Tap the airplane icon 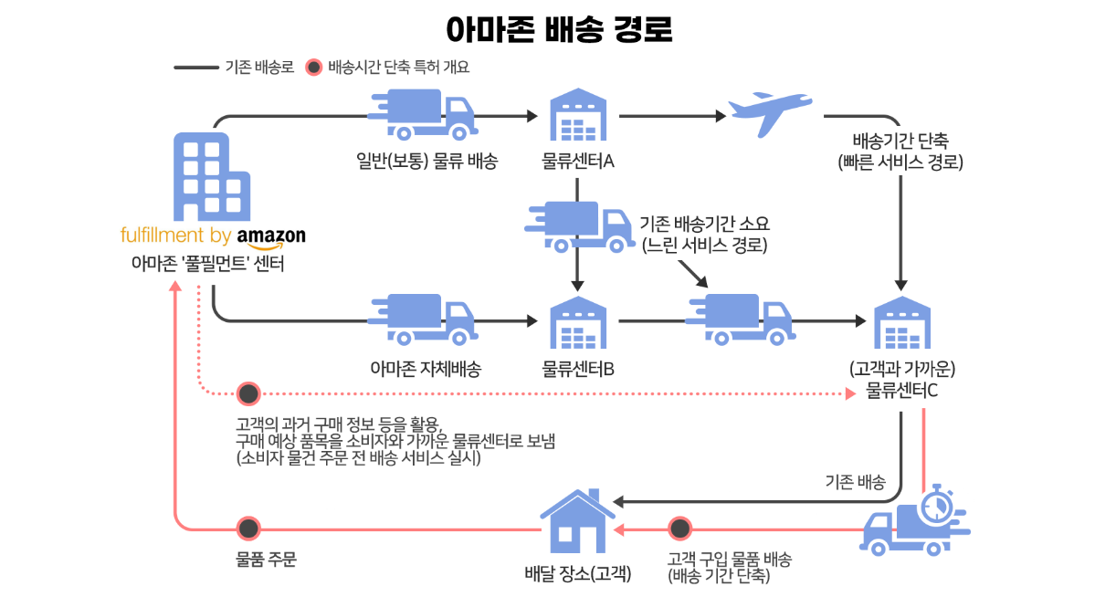pyautogui.click(x=768, y=114)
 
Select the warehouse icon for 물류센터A pyautogui.click(x=578, y=118)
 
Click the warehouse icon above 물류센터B pyautogui.click(x=578, y=324)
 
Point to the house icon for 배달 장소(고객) pyautogui.click(x=577, y=525)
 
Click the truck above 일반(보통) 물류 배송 pyautogui.click(x=423, y=114)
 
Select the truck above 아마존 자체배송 pyautogui.click(x=423, y=320)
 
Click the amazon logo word pyautogui.click(x=271, y=236)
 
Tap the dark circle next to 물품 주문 pyautogui.click(x=247, y=529)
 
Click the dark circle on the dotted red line pyautogui.click(x=247, y=393)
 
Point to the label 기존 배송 pyautogui.click(x=855, y=482)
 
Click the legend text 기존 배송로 pyautogui.click(x=259, y=67)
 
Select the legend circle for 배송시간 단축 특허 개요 pyautogui.click(x=314, y=67)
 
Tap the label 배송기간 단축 pyautogui.click(x=900, y=141)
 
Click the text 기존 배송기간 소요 pyautogui.click(x=705, y=224)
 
